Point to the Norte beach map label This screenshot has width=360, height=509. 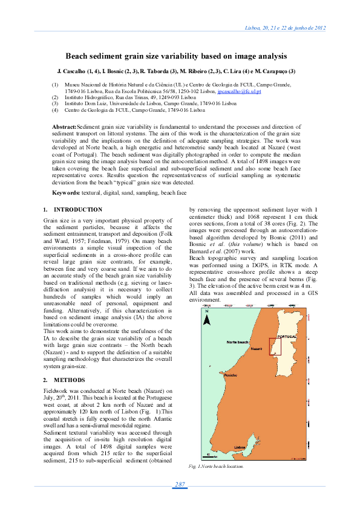pyautogui.click(x=237, y=342)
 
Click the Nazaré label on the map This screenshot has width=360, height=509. pyautogui.click(x=255, y=349)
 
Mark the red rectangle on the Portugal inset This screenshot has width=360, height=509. pyautogui.click(x=275, y=346)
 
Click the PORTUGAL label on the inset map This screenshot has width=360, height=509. pyautogui.click(x=285, y=336)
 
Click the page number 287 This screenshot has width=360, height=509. pyautogui.click(x=180, y=485)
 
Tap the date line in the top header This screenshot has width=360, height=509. pyautogui.click(x=285, y=28)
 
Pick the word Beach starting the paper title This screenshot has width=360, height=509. pyautogui.click(x=77, y=56)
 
